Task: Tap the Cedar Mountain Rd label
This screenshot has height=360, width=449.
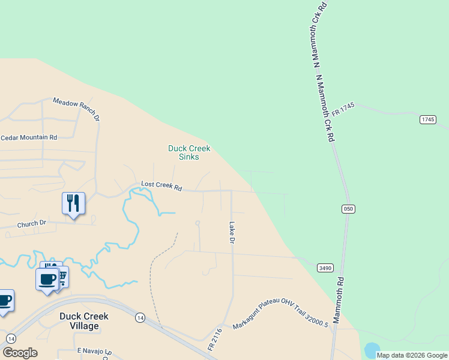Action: (x=29, y=137)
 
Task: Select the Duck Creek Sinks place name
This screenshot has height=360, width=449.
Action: (x=189, y=152)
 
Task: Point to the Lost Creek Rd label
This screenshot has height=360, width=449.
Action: (x=161, y=186)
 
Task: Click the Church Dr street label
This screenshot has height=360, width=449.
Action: (x=32, y=224)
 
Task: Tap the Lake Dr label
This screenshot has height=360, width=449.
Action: (x=231, y=232)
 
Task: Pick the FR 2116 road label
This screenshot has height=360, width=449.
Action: (x=215, y=340)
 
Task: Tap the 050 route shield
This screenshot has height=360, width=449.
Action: (x=349, y=208)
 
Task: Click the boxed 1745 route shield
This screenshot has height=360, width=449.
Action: (x=427, y=119)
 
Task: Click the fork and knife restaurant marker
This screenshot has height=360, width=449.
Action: (x=73, y=203)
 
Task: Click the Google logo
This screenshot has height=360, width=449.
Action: (x=20, y=353)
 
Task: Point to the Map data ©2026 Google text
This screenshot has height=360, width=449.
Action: (x=412, y=355)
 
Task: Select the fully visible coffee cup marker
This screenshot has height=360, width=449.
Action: (x=47, y=279)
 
